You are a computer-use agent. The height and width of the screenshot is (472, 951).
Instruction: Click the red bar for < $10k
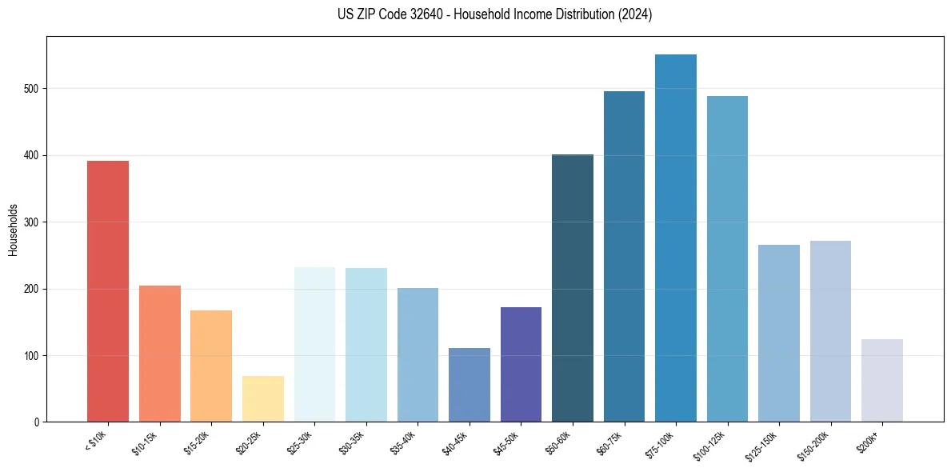coord(107,291)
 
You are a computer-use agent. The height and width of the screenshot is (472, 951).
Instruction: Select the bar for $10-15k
coord(159,354)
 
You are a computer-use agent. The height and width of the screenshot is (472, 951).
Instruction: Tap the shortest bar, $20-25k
coord(262,398)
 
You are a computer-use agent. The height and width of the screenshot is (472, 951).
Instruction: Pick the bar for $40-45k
coord(469,385)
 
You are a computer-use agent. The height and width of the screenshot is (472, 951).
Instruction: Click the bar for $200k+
coord(881,380)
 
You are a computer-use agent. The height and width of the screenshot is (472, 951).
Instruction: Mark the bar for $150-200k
coord(830,331)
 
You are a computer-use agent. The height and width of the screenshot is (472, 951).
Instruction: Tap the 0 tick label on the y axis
coord(37,422)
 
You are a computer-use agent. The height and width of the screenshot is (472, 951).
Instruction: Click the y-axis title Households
coord(14,230)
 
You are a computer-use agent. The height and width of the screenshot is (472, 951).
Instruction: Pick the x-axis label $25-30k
coord(301,442)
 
